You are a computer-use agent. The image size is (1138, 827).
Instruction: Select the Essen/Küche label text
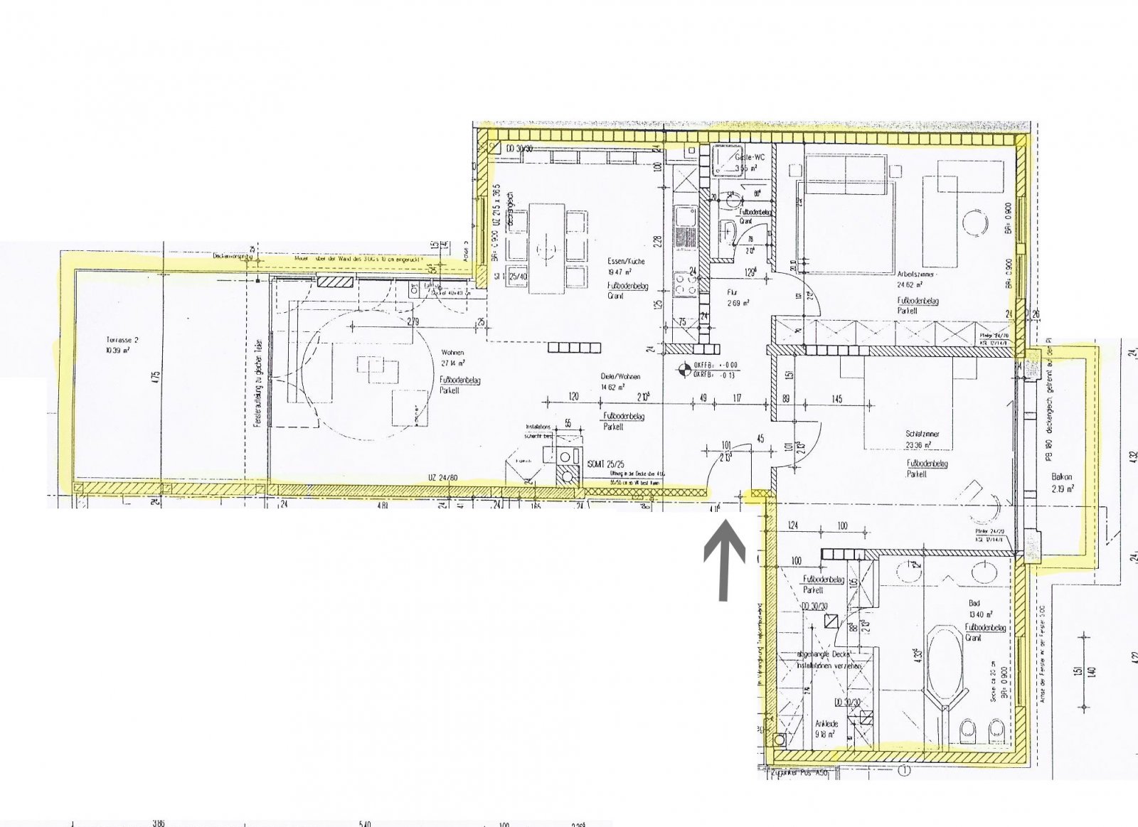pyautogui.click(x=626, y=261)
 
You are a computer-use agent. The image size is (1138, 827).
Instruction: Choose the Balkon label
pyautogui.click(x=1062, y=477)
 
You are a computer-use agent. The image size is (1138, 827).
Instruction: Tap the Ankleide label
pyautogui.click(x=826, y=724)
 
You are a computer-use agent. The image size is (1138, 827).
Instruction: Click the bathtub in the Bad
pyautogui.click(x=945, y=668)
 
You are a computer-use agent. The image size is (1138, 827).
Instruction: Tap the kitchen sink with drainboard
pyautogui.click(x=686, y=226)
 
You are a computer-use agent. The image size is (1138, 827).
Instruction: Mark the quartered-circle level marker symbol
pyautogui.click(x=682, y=369)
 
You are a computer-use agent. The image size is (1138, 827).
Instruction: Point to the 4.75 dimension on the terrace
pyautogui.click(x=156, y=375)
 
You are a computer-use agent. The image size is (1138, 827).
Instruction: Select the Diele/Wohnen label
pyautogui.click(x=620, y=377)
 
